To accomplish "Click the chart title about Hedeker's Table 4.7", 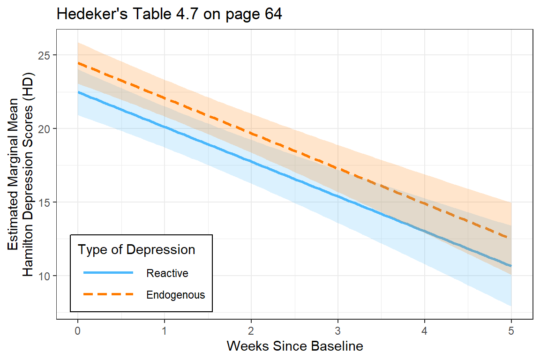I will (x=169, y=15).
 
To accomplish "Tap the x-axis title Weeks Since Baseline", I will (x=295, y=346).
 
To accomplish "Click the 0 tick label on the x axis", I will (x=78, y=330).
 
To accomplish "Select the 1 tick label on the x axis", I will (x=165, y=330).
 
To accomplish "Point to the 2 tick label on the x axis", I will (x=251, y=330).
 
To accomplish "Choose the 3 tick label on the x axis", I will (x=338, y=330).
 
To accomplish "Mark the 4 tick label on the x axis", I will (x=425, y=330).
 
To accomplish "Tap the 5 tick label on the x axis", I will (x=511, y=330).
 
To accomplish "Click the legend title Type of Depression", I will (x=136, y=250).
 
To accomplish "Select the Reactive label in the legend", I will (x=167, y=273).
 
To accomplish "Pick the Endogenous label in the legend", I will (x=176, y=295).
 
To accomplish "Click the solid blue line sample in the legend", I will (x=108, y=273).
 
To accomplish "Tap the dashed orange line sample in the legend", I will (x=108, y=295).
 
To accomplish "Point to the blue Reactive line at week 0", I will (x=78, y=92).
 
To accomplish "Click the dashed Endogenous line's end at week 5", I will (x=510, y=238).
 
